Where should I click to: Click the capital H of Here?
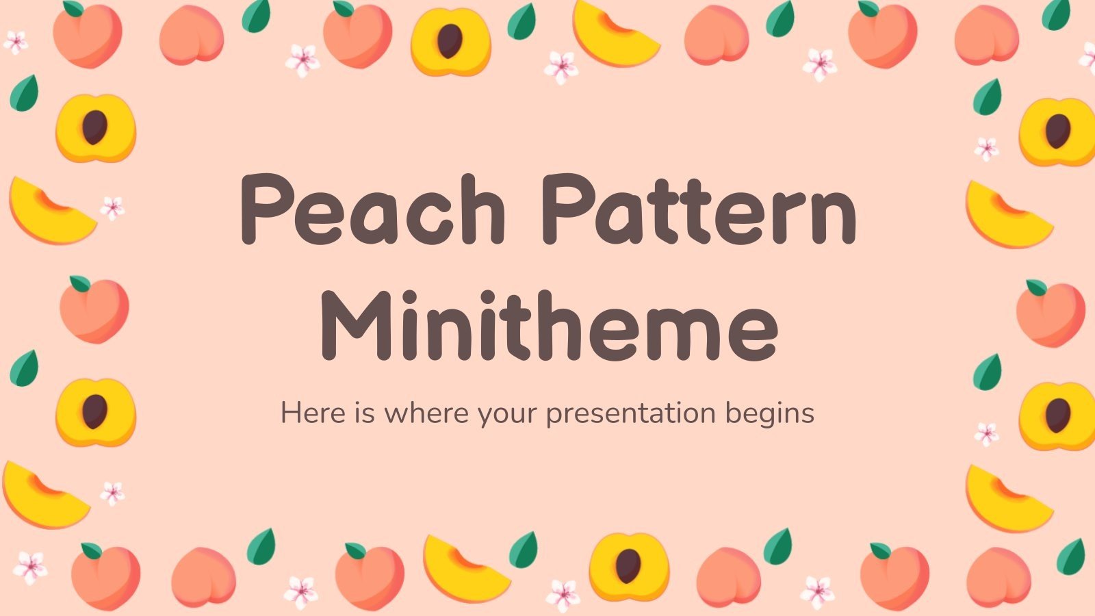[290, 413]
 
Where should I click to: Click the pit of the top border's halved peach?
[450, 41]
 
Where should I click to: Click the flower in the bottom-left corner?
[30, 567]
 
